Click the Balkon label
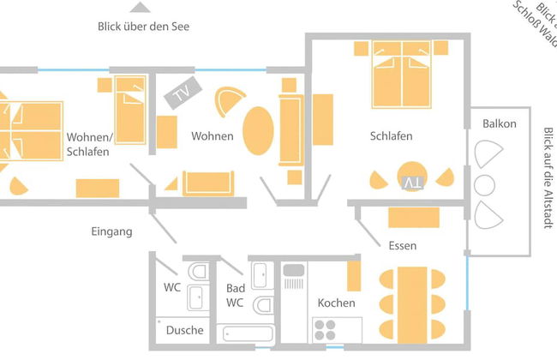[499, 123]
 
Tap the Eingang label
[112, 231]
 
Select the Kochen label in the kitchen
[336, 303]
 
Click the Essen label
[402, 246]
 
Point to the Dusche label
[184, 330]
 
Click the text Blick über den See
[143, 27]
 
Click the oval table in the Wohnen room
[259, 135]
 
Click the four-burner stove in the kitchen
[326, 330]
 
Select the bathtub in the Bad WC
[245, 333]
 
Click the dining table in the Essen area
[412, 293]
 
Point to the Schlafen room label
[392, 136]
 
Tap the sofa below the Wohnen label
[207, 183]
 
